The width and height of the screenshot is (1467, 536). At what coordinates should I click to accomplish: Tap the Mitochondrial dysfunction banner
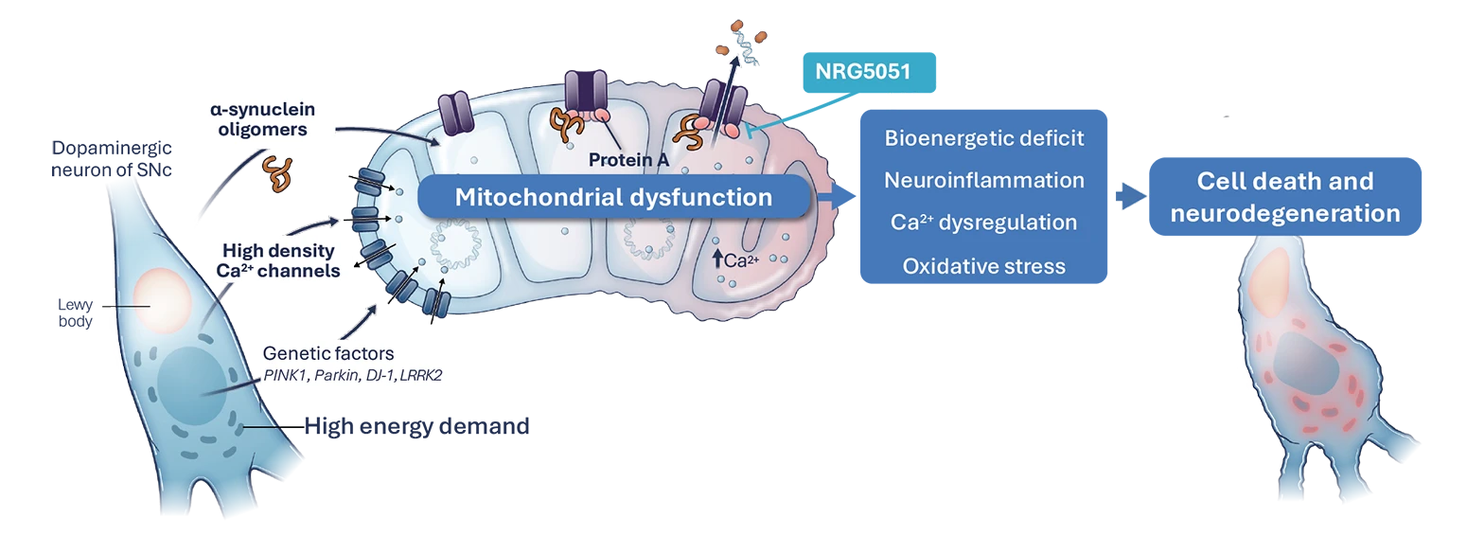click(x=613, y=198)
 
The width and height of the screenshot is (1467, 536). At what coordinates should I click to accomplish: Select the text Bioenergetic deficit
click(x=984, y=138)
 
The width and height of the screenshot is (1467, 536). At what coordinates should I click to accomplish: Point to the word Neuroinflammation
click(x=984, y=180)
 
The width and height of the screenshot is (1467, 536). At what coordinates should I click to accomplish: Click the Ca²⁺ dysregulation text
click(x=984, y=223)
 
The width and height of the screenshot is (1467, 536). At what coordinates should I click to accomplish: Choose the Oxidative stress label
click(x=984, y=266)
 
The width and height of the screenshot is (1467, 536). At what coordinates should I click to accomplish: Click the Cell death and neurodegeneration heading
click(x=1284, y=197)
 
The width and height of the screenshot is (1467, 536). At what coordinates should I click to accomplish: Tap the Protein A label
click(x=628, y=160)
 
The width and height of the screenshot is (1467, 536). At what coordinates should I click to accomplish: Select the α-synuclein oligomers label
click(x=257, y=120)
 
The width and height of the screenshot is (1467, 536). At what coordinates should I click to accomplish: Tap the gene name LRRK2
click(x=421, y=375)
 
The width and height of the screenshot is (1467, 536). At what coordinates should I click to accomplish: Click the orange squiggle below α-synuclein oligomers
click(x=277, y=174)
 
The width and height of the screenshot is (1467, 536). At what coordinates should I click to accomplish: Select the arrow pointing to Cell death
click(x=1130, y=196)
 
